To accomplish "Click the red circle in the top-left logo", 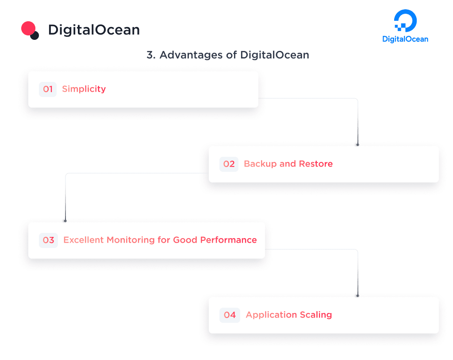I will tap(28, 28).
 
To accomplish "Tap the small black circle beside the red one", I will tap(35, 35).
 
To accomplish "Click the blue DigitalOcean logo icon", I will tap(405, 21).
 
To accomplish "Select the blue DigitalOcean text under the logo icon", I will tap(405, 39).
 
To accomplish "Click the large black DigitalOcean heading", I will tap(94, 30).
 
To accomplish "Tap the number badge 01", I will tap(48, 89).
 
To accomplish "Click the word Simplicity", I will tap(84, 89).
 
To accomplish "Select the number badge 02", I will tap(229, 164).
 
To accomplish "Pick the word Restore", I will tap(316, 164).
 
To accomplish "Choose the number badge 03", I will tap(48, 240).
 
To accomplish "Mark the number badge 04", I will tap(230, 315).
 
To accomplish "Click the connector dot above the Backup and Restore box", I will tap(357, 145).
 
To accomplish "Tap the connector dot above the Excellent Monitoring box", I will tap(65, 221).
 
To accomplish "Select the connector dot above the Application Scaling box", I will tap(357, 295).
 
